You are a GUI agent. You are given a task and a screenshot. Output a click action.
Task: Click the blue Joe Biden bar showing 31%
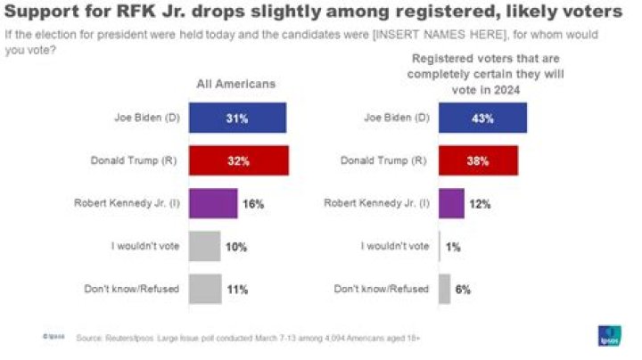pyautogui.click(x=238, y=118)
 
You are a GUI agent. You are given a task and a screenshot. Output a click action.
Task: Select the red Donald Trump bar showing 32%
pyautogui.click(x=239, y=161)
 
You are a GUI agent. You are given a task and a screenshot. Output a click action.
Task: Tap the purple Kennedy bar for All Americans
pyautogui.click(x=214, y=203)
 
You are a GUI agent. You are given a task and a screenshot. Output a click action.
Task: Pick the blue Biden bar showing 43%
pyautogui.click(x=482, y=118)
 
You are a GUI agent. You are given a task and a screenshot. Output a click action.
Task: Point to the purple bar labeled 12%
pyautogui.click(x=451, y=203)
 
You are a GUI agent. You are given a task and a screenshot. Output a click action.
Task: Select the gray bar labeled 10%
pyautogui.click(x=205, y=246)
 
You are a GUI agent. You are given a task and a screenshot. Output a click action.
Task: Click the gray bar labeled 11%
pyautogui.click(x=206, y=289)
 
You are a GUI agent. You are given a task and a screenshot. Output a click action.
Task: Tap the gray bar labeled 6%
pyautogui.click(x=444, y=289)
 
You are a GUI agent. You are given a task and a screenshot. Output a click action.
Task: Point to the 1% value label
pyautogui.click(x=453, y=247)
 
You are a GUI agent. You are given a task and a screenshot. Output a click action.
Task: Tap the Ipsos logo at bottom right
pyautogui.click(x=609, y=336)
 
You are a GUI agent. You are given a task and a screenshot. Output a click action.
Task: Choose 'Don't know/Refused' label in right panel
pyautogui.click(x=381, y=289)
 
